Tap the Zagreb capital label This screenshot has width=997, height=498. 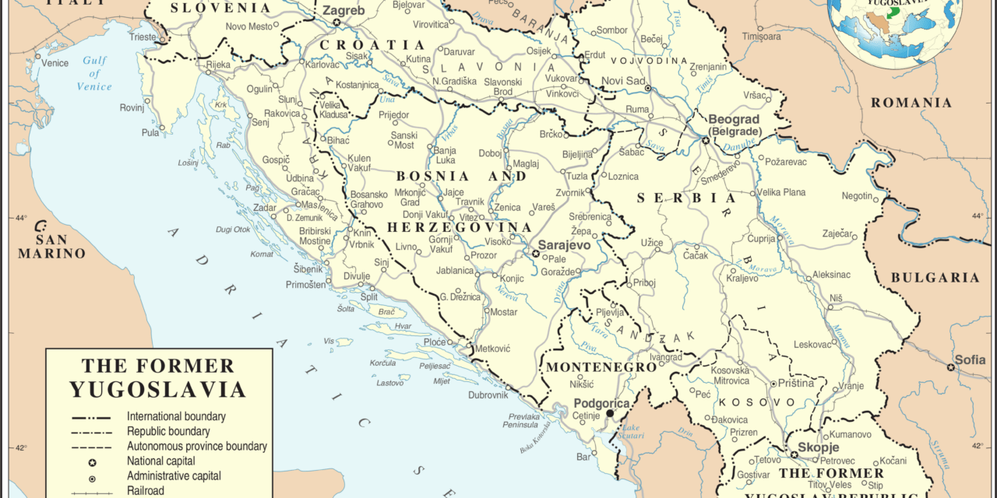pos(343,10)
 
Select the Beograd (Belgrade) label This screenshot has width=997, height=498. pos(733,124)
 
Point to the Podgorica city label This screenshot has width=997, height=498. pos(601,403)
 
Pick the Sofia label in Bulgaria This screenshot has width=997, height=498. pos(970,359)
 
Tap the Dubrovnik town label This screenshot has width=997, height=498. pos(488,395)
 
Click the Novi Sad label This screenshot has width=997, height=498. pos(624,81)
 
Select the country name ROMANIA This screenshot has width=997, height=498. pos(911,103)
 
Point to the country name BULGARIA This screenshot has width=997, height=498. pos(935,278)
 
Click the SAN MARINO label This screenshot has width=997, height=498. pos(51,247)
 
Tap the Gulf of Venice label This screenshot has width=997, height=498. pos(94,74)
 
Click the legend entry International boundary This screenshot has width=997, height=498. pos(176,416)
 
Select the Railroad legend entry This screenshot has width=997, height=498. pos(146,490)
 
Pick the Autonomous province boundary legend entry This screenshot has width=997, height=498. pos(196,446)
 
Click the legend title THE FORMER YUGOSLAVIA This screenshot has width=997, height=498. pos(157,377)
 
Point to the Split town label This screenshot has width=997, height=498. pos(368,297)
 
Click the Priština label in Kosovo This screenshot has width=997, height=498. pos(795,383)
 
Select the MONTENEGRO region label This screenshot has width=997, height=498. pos(601,366)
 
